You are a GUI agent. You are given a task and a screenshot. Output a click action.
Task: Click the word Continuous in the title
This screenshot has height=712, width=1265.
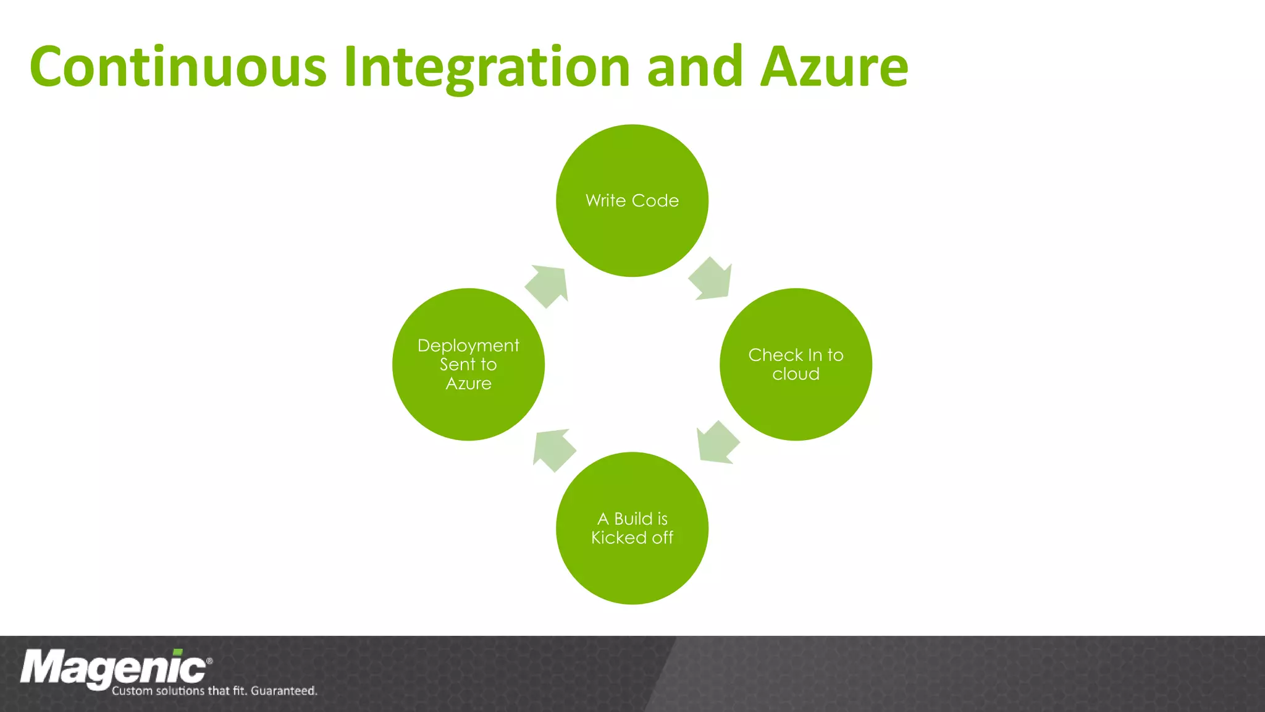coord(178,67)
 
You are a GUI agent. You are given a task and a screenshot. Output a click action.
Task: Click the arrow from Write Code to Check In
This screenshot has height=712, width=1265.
coord(712,279)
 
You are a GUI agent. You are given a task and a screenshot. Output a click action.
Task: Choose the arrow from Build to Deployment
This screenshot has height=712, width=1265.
coord(553,450)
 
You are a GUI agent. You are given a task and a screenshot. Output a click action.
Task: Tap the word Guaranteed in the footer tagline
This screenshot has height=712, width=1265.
coord(284,691)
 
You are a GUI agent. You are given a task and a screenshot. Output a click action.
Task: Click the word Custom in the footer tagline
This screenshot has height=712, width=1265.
coord(132,691)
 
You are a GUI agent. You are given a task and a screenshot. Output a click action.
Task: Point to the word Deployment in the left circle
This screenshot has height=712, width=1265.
coord(468,345)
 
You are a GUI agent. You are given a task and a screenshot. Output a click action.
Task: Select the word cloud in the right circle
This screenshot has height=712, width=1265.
coord(796,374)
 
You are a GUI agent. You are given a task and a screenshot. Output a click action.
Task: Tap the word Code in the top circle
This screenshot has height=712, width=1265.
coord(655,200)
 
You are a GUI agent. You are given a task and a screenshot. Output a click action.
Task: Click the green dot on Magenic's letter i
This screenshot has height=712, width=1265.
coord(178,652)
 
